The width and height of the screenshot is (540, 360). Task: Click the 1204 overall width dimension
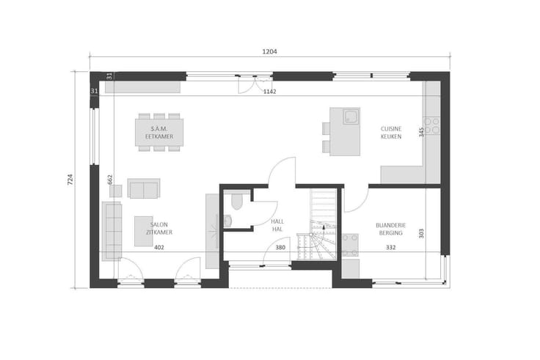point(270,51)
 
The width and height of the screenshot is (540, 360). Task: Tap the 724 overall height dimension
point(70,180)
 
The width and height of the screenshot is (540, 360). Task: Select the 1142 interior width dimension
point(270,92)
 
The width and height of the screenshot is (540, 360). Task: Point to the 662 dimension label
point(110,180)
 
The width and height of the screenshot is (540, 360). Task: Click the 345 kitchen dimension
point(422,132)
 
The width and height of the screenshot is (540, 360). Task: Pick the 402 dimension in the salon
point(159,248)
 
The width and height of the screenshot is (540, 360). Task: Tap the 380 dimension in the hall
point(280,247)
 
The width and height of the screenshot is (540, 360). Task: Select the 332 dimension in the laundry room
point(391,247)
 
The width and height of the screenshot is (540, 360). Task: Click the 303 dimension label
point(422,233)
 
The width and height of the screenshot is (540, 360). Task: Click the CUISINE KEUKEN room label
point(391,133)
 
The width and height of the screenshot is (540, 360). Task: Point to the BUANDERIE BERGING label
point(391,229)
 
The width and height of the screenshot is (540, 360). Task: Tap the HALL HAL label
point(277,225)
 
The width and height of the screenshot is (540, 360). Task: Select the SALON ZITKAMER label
point(159,229)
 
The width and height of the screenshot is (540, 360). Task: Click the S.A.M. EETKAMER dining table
point(159,133)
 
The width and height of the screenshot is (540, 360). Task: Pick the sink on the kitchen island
point(351,116)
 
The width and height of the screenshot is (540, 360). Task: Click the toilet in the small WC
point(236,200)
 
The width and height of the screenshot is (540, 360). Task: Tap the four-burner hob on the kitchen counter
point(431,125)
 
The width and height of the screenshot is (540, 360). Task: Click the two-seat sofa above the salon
point(144,188)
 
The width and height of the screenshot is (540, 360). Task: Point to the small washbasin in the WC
point(227,221)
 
